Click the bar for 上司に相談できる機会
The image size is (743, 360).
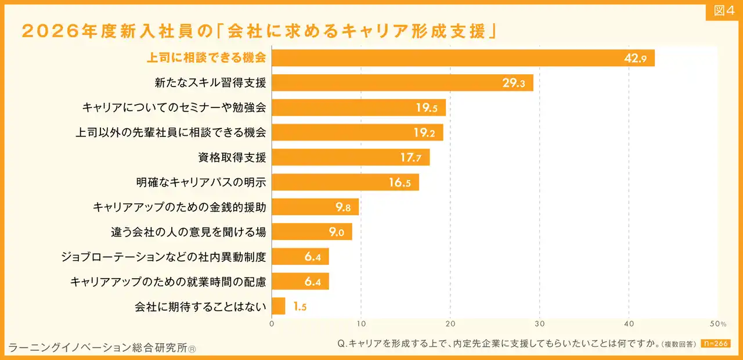463,58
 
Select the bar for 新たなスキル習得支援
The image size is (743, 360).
402,83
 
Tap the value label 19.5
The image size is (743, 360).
427,108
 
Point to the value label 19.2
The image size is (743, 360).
424,133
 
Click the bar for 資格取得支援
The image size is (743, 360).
351,157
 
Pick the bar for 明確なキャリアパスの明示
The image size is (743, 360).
345,182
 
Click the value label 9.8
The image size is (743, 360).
343,207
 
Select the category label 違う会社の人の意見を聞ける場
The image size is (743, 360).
189,232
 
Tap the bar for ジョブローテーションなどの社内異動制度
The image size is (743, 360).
300,257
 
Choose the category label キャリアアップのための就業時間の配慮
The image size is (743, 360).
168,282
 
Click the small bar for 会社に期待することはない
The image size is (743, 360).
279,306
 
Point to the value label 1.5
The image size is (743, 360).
300,307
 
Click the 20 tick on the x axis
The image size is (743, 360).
450,323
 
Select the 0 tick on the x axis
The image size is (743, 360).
272,323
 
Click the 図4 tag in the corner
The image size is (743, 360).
723,11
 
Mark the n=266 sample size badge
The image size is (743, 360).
716,344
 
